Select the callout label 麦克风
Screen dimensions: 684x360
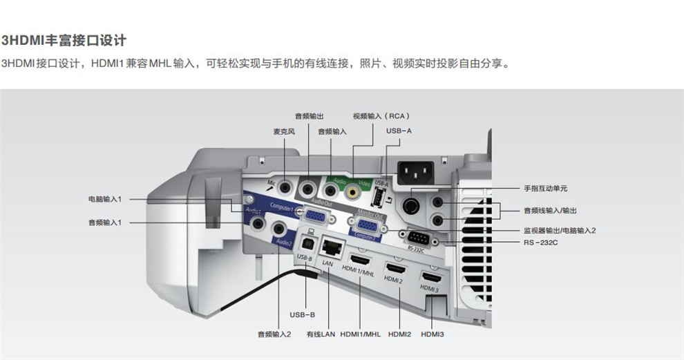point(284,131)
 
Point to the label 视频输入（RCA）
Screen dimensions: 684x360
point(381,116)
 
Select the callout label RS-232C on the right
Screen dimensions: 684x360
point(540,242)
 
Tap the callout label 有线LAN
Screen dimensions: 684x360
point(321,334)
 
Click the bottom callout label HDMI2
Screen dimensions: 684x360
point(399,334)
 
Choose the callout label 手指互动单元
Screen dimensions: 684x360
point(545,188)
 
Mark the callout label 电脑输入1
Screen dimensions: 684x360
point(105,199)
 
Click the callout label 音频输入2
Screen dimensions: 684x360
point(274,334)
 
